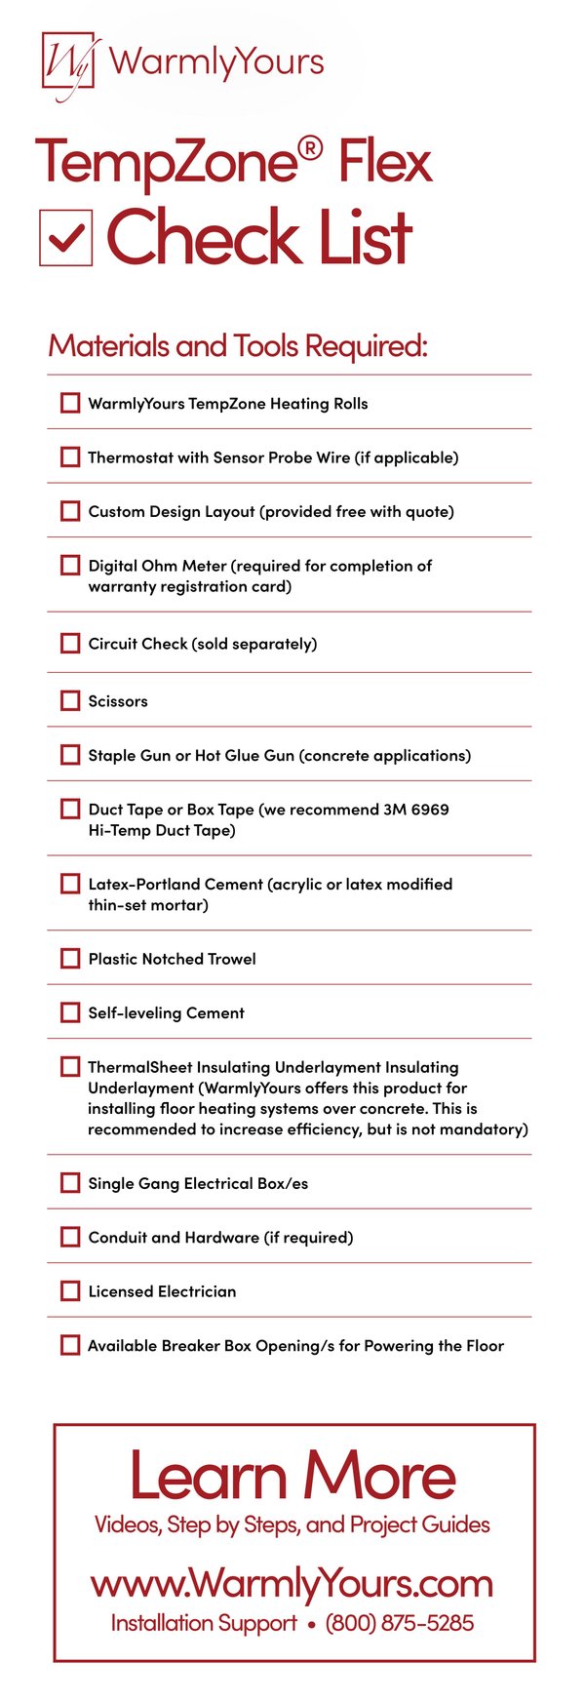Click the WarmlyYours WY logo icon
pyautogui.click(x=67, y=63)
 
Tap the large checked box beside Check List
pyautogui.click(x=65, y=237)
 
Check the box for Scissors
pyautogui.click(x=70, y=700)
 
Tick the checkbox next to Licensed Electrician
pyautogui.click(x=70, y=1290)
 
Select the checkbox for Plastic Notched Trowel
pyautogui.click(x=70, y=958)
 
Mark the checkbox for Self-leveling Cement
pyautogui.click(x=70, y=1012)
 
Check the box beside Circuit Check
pyautogui.click(x=70, y=643)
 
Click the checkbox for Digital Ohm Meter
pyautogui.click(x=70, y=565)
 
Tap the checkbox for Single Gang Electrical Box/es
pyautogui.click(x=70, y=1182)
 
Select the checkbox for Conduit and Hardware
pyautogui.click(x=70, y=1237)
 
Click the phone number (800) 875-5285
pyautogui.click(x=400, y=1623)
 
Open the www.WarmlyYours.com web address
pyautogui.click(x=292, y=1582)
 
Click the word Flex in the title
pyautogui.click(x=384, y=163)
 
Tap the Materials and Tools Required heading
pyautogui.click(x=238, y=345)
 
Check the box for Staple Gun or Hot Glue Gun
pyautogui.click(x=70, y=754)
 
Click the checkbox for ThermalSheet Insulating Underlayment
pyautogui.click(x=70, y=1066)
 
